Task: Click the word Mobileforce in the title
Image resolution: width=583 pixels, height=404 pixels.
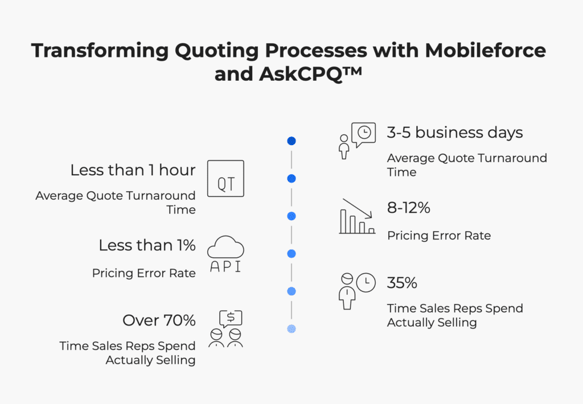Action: (485, 50)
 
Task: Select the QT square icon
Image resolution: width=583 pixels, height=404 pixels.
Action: (225, 179)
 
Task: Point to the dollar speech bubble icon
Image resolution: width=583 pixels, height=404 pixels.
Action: (231, 319)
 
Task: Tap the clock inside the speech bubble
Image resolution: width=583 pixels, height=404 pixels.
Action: (364, 133)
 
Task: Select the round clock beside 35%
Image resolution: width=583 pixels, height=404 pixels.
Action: (366, 282)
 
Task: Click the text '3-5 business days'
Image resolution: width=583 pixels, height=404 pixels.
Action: (455, 133)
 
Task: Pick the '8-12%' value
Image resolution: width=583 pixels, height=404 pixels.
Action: (409, 208)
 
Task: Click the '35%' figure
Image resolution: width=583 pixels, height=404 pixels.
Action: (402, 283)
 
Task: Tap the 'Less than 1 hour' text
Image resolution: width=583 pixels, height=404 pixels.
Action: (133, 170)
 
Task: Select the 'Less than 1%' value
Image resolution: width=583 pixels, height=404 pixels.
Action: (147, 245)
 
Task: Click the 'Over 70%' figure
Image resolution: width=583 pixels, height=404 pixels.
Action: (159, 320)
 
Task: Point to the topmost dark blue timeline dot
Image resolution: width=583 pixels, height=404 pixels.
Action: (291, 141)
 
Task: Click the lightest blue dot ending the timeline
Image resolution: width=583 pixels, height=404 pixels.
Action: (291, 329)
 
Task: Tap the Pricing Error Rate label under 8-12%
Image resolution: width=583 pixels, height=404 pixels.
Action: (439, 236)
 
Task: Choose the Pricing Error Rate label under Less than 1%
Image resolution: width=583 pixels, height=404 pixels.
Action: (144, 273)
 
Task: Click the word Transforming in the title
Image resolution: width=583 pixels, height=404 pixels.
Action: (100, 51)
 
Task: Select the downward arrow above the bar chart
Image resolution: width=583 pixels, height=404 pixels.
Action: (358, 208)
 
